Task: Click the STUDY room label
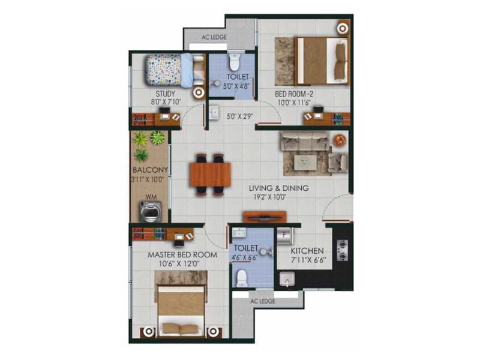pos(166,94)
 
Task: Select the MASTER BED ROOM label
pos(179,254)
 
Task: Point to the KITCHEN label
pos(307,251)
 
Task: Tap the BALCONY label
pos(151,170)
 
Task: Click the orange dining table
pos(209,175)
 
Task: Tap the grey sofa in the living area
pos(306,142)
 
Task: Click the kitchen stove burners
pos(343,250)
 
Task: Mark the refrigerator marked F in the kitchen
pos(284,236)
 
